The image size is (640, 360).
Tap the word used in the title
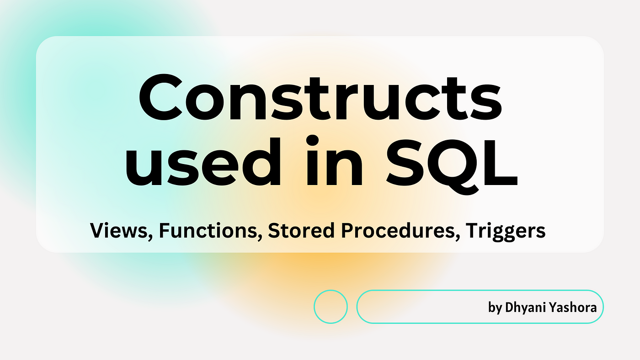click(203, 161)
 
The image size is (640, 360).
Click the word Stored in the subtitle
click(301, 230)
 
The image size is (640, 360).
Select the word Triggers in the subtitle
click(506, 232)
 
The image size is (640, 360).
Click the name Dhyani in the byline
click(524, 308)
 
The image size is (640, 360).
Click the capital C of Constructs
click(160, 97)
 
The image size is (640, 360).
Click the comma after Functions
click(260, 237)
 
